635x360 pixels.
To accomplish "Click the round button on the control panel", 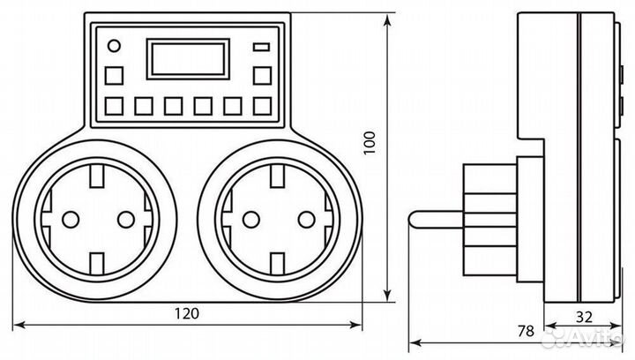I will pyautogui.click(x=112, y=46).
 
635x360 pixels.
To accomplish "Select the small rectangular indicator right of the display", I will pyautogui.click(x=261, y=47).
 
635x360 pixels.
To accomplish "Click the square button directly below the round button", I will pyautogui.click(x=113, y=75).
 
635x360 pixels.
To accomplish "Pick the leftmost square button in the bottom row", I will pyautogui.click(x=113, y=107).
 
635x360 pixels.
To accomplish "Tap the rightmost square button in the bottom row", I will pyautogui.click(x=261, y=107).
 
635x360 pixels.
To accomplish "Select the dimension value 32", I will pyautogui.click(x=585, y=314).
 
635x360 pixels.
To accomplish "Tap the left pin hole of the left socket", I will pyautogui.click(x=69, y=218).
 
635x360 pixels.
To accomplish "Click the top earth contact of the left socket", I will pyautogui.click(x=97, y=180).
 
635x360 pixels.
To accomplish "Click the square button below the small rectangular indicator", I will pyautogui.click(x=261, y=75).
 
